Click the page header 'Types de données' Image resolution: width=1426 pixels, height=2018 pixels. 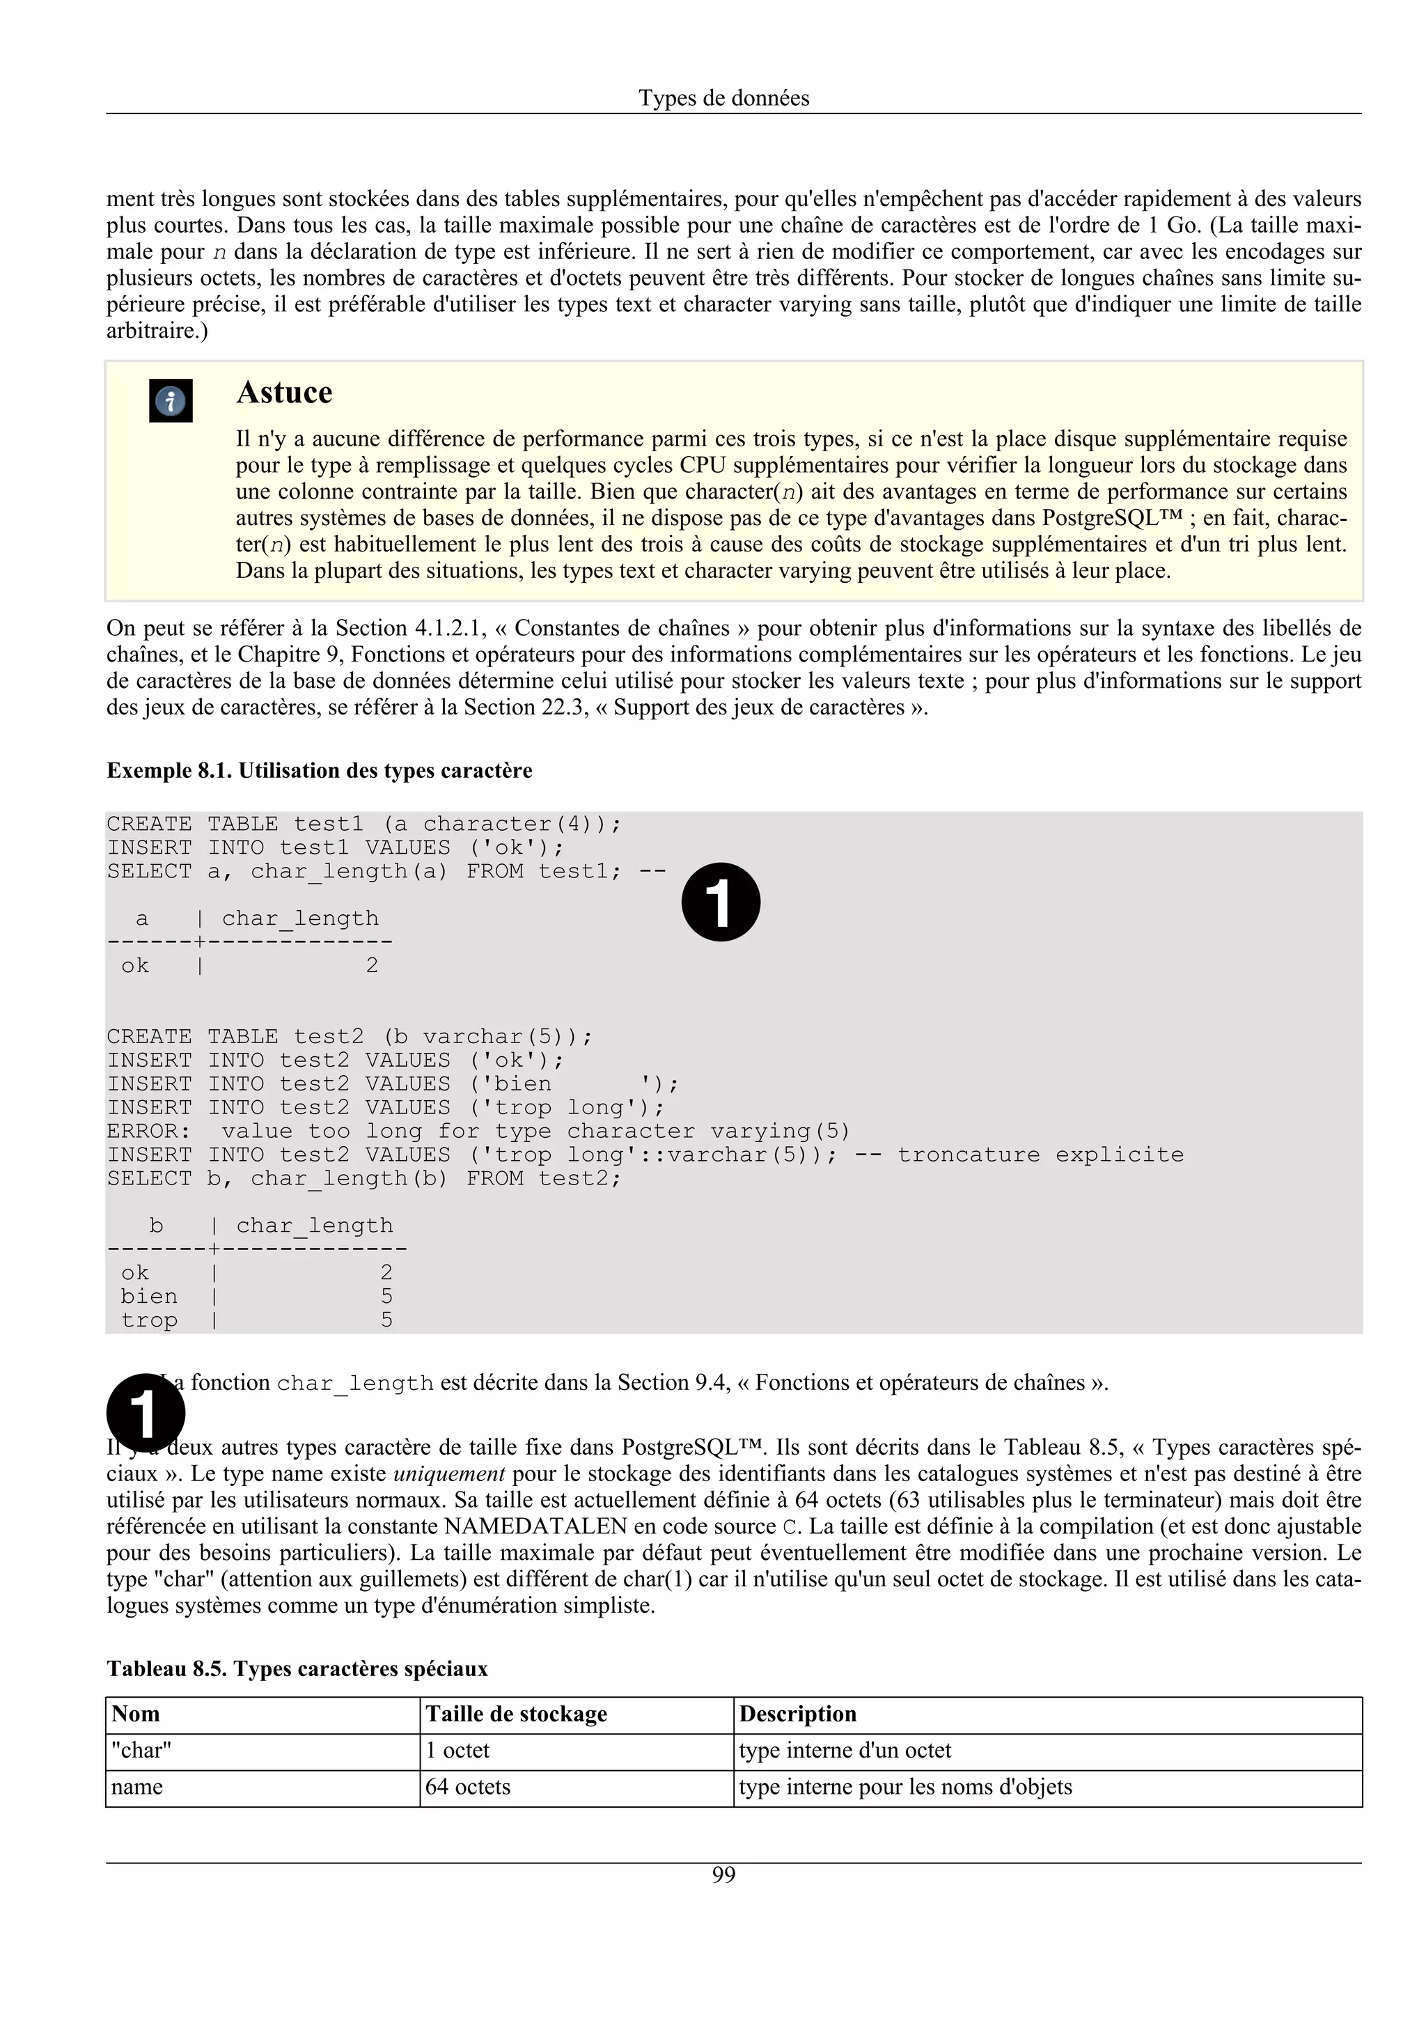(x=723, y=97)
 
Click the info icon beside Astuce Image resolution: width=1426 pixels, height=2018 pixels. (x=171, y=402)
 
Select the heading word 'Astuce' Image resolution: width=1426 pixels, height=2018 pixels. (x=284, y=392)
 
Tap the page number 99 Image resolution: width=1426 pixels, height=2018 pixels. (x=723, y=1875)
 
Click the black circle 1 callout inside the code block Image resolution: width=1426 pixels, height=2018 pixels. (x=721, y=902)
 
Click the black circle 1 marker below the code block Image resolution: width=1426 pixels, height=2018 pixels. (x=146, y=1412)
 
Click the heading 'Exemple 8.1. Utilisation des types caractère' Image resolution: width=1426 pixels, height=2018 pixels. (x=319, y=771)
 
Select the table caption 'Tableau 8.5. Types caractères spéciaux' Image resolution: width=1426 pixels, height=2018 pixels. (x=297, y=1668)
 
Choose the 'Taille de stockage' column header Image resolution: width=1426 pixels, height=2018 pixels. (x=516, y=1714)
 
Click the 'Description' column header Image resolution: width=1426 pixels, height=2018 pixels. (x=797, y=1714)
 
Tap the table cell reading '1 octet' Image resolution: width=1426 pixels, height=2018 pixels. (x=457, y=1750)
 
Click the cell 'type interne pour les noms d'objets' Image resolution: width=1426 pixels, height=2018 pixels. (x=905, y=1787)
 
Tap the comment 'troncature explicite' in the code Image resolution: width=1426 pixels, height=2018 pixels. (x=1040, y=1155)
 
